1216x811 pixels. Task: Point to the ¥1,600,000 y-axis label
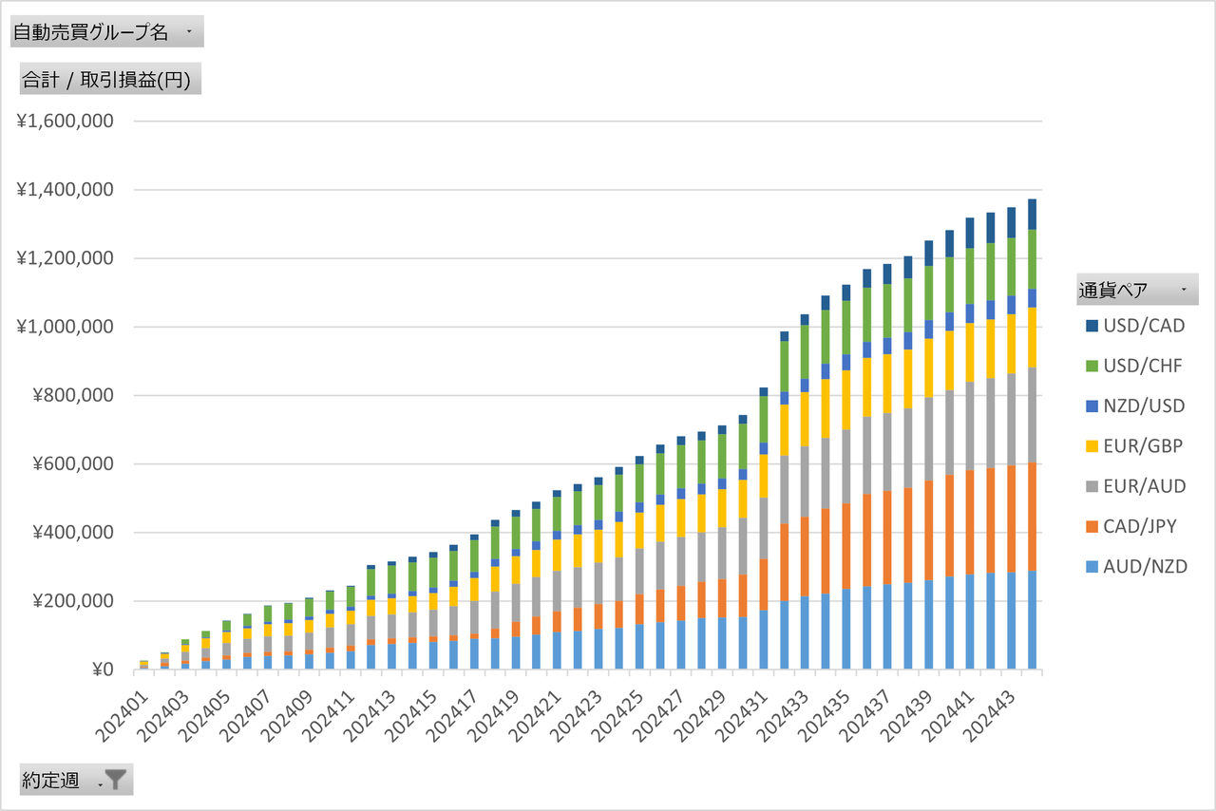point(65,122)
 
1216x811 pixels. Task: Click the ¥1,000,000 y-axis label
point(65,327)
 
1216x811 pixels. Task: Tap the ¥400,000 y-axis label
point(70,533)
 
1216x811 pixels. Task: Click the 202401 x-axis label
point(122,707)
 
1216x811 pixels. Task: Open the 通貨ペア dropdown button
point(1183,289)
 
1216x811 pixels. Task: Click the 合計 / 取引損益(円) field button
point(110,81)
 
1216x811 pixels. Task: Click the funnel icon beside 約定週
point(115,780)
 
